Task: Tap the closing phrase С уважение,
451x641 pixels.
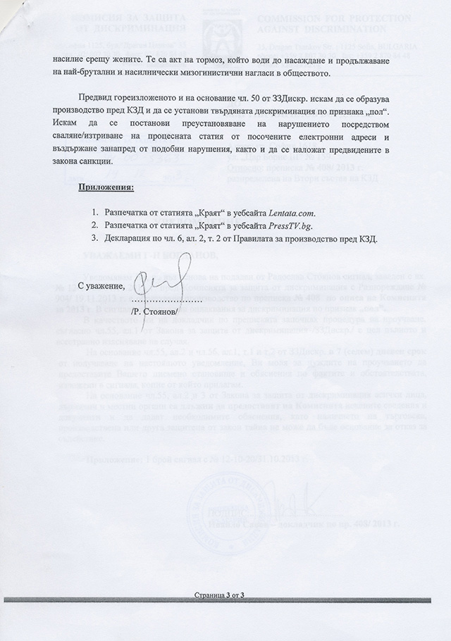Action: [x=101, y=285]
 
